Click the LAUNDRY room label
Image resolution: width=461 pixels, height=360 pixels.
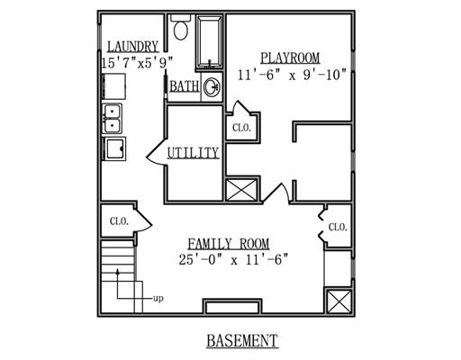point(133,47)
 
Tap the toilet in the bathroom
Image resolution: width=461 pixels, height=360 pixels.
point(181,28)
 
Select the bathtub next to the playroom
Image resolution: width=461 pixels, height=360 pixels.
point(210,42)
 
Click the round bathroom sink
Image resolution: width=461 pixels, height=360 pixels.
point(212,87)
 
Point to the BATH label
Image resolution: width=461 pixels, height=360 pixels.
point(185,86)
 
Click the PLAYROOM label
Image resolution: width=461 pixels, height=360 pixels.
point(290,58)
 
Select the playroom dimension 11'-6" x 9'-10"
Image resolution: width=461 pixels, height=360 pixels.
point(292,75)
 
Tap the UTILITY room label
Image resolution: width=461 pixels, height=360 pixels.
point(193,153)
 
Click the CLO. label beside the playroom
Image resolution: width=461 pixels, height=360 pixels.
point(241,128)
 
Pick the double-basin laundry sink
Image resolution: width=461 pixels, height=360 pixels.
point(113,118)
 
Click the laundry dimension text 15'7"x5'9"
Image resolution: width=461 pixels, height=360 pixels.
point(138,63)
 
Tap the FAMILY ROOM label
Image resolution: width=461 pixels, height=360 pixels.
point(229,244)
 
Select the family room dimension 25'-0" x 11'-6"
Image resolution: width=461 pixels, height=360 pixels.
point(233,260)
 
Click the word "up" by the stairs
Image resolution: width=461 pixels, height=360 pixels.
point(158,299)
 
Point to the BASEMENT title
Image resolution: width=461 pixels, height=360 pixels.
point(242,340)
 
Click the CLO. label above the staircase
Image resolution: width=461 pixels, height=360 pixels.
point(119,221)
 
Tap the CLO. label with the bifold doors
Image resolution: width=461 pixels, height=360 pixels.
point(338,227)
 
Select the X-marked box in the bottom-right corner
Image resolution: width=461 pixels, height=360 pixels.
point(339,301)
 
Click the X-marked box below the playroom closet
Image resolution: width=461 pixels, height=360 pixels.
point(241,190)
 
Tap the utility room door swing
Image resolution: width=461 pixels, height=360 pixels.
point(157,152)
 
